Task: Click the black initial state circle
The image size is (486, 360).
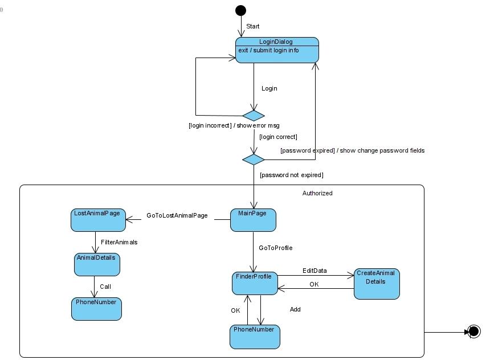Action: point(241,10)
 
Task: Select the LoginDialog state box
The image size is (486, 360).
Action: point(277,50)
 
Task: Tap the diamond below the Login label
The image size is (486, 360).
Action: point(254,116)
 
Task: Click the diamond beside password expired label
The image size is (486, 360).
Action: point(254,159)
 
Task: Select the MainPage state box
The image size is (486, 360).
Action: point(253,220)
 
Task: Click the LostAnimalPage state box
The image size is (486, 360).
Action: point(98,220)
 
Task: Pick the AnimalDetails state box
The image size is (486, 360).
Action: point(97,264)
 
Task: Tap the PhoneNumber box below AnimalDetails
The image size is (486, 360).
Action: point(97,308)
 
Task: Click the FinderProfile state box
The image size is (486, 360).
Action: point(255,283)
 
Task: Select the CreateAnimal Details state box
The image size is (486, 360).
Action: point(377,284)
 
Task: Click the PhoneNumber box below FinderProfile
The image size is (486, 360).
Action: point(255,337)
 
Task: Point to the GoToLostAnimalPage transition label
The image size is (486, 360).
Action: point(177,216)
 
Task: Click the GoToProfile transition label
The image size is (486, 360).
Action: point(275,248)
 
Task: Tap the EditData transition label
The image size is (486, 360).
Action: point(315,271)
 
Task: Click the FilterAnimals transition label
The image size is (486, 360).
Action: point(119,242)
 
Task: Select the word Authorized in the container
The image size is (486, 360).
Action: point(317,193)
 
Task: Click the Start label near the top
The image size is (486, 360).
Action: point(253,26)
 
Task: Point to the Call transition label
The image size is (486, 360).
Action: point(105,287)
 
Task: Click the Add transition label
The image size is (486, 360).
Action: point(295,309)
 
